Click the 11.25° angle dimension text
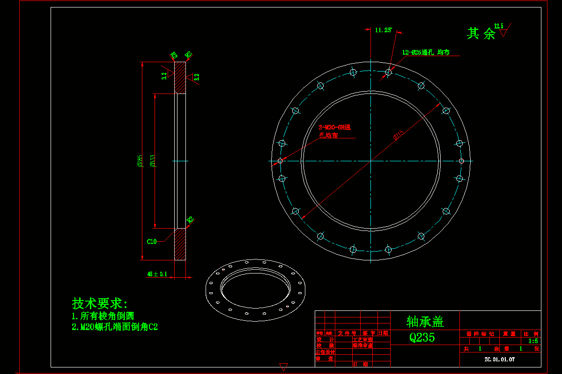click(x=383, y=30)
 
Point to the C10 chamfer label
click(x=152, y=242)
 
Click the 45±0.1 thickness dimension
click(x=157, y=274)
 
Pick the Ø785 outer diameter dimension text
click(x=140, y=161)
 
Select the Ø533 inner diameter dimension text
click(x=152, y=161)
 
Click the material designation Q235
click(x=422, y=338)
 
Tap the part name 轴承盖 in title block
click(x=425, y=322)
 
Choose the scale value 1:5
click(x=533, y=341)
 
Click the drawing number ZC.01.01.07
click(x=500, y=360)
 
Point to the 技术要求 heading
click(x=100, y=303)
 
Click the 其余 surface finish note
click(x=481, y=34)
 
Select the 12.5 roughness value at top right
click(x=499, y=26)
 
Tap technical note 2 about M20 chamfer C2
click(x=115, y=327)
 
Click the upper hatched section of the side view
click(x=180, y=78)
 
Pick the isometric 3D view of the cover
click(x=255, y=290)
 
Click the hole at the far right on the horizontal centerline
click(x=461, y=161)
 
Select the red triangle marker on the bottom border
click(x=283, y=367)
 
